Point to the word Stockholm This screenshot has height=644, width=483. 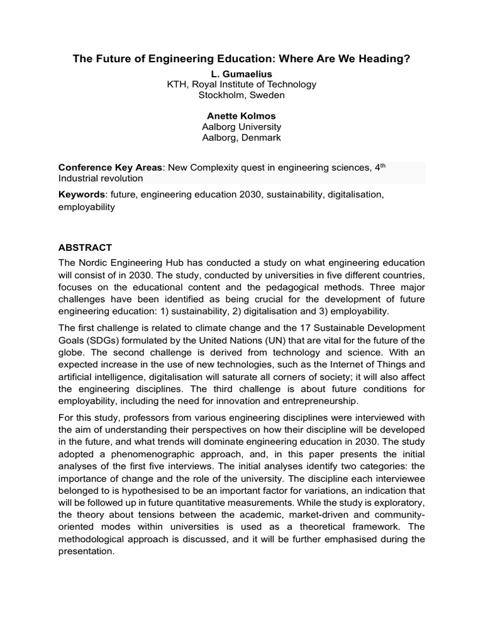coord(221,95)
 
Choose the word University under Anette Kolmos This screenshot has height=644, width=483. coord(260,127)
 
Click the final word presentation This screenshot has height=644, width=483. coord(87,552)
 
